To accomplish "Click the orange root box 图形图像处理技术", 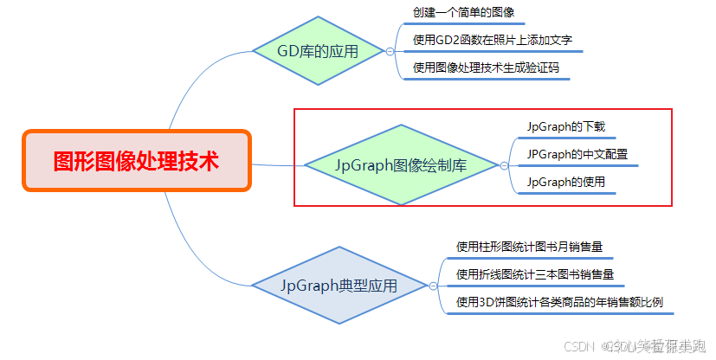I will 136,161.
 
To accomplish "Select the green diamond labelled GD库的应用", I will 318,51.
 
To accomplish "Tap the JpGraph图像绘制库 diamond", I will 400,164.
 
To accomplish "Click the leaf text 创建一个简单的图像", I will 463,12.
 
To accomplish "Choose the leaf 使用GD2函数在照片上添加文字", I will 492,40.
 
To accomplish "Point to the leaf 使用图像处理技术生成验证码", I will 486,67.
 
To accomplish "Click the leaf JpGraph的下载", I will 565,126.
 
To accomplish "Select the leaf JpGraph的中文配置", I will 577,154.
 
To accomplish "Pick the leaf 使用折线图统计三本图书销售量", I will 535,274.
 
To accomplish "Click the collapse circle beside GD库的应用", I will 390,52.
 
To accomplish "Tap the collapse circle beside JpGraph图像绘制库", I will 503,164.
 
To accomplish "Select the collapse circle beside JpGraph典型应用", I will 433,285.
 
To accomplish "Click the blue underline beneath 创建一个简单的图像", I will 464,23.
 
